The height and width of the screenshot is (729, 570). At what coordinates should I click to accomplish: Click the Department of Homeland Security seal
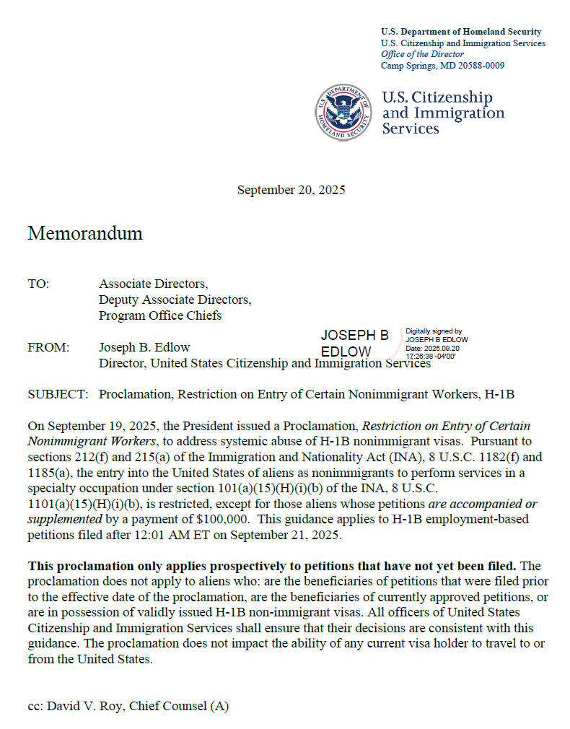pos(341,113)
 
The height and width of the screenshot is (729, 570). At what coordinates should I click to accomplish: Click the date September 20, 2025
pos(291,191)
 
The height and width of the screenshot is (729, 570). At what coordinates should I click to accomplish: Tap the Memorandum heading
pos(85,233)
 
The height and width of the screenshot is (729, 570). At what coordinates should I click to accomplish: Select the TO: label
pos(38,284)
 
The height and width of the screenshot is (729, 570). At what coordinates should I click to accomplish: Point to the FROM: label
pos(48,347)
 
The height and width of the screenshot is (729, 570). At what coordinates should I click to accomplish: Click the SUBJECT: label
pos(58,394)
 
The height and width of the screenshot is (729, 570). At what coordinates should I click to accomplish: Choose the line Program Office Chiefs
pos(160,315)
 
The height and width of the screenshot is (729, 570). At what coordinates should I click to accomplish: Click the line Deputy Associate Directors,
pos(175,300)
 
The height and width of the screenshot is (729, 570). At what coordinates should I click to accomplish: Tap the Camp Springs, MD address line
pos(442,66)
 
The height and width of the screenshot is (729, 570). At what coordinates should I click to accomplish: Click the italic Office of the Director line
pos(422,54)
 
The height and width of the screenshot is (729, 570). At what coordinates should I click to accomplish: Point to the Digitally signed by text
pos(434,331)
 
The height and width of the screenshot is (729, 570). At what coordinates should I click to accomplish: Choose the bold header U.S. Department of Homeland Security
pos(461,32)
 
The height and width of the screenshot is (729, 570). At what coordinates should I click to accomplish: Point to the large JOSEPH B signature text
pos(354,336)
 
